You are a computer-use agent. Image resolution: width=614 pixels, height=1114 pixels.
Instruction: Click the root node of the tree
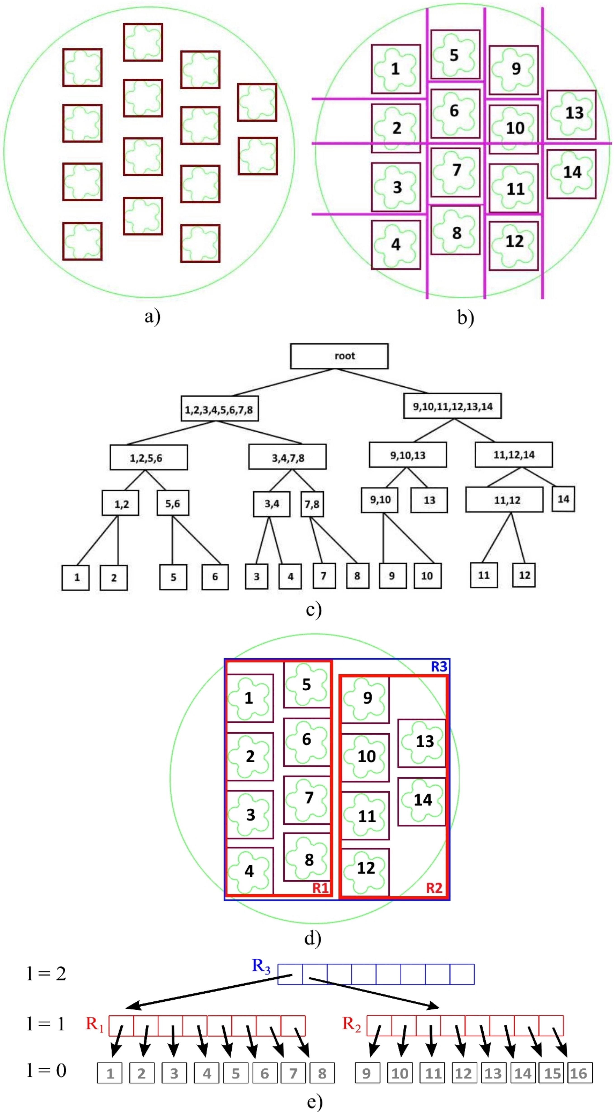[x=339, y=356]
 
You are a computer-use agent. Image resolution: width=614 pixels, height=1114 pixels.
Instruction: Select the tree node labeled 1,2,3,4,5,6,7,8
[x=220, y=409]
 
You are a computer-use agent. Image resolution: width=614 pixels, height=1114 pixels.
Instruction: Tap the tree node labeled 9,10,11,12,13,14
[x=452, y=406]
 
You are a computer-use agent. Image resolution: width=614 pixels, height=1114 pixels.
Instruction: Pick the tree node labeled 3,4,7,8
[x=287, y=457]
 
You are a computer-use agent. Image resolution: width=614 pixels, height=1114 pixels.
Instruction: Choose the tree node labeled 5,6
[x=172, y=503]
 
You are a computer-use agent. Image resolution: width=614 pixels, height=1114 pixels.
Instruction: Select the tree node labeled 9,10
[x=380, y=500]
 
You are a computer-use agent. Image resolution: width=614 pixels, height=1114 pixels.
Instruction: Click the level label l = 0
[x=46, y=1070]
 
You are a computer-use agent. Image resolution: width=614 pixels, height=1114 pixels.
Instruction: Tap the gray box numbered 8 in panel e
[x=322, y=1073]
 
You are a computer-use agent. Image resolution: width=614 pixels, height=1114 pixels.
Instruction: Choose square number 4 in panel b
[x=396, y=245]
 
